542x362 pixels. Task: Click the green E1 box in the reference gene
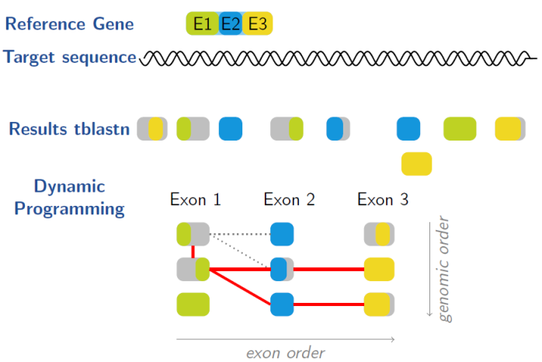(x=202, y=25)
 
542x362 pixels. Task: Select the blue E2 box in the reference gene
(x=231, y=25)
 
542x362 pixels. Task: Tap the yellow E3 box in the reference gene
(x=257, y=25)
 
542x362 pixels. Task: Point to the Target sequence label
(x=70, y=57)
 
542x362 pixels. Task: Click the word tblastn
(x=101, y=128)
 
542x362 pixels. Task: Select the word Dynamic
(x=69, y=187)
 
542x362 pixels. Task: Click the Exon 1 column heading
(x=196, y=200)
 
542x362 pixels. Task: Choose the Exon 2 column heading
(x=290, y=200)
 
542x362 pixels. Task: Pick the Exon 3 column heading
(x=383, y=200)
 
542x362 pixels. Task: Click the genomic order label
(x=444, y=269)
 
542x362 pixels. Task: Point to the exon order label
(x=285, y=352)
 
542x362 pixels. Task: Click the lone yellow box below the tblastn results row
(x=416, y=164)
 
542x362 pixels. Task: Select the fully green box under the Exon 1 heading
(x=193, y=304)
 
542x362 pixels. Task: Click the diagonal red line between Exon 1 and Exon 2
(x=241, y=287)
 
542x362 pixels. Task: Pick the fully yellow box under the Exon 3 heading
(x=380, y=270)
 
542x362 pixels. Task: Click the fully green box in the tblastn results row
(x=460, y=128)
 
